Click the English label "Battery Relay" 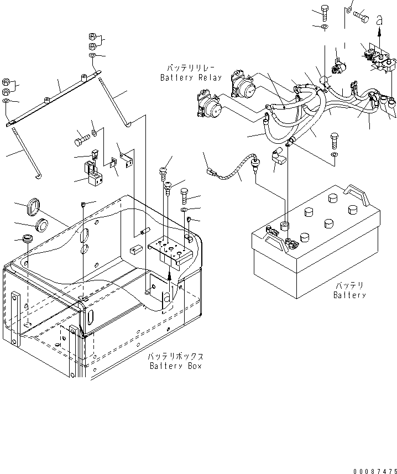pos(191,77)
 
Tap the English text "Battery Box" pos(176,366)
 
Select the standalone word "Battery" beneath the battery pos(349,295)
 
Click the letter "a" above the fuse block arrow pos(379,20)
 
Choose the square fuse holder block pos(93,176)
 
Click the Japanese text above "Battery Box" pos(175,357)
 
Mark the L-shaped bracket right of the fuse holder pos(128,161)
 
